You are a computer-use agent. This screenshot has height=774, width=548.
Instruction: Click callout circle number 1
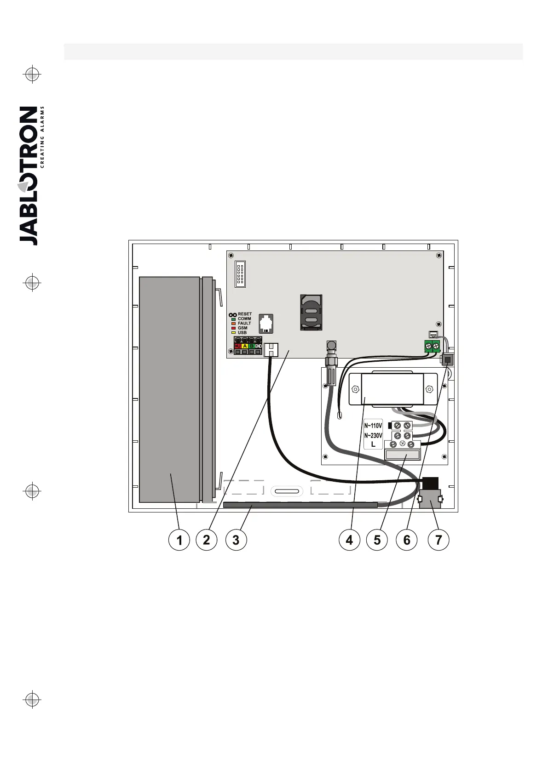pos(179,540)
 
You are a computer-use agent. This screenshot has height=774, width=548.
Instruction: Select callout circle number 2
pos(206,540)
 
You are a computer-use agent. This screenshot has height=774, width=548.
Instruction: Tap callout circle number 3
pos(236,540)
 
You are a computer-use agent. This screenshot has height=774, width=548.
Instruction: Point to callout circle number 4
pos(349,540)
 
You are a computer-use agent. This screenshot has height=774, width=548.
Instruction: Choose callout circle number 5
pos(377,540)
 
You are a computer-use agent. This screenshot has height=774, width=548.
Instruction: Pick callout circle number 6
pos(407,540)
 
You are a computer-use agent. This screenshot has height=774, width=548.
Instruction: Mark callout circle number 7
pos(438,540)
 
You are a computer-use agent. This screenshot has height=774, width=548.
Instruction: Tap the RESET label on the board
pos(245,314)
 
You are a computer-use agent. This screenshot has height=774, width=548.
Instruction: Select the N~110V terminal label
pos(373,426)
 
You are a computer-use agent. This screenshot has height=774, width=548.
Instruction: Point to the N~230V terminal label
pos(373,435)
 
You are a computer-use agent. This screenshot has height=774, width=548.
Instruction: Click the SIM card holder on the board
pos(311,312)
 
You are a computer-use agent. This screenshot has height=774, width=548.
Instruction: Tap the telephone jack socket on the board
pos(266,323)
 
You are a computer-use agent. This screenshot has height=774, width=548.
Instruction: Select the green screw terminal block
pos(432,346)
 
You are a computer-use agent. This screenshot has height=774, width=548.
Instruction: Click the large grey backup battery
pos(169,389)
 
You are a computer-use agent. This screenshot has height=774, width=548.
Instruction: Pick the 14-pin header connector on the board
pos(240,275)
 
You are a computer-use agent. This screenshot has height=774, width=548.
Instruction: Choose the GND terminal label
pos(258,346)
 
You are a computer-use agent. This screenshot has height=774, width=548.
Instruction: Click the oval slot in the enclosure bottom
pos(287,492)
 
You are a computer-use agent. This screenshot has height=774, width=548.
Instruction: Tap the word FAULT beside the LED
pos(245,323)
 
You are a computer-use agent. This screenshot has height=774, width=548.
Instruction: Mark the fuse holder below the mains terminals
pos(402,455)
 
